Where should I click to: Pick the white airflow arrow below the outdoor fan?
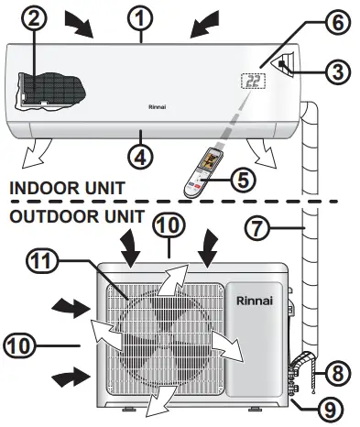(x=166, y=395)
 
